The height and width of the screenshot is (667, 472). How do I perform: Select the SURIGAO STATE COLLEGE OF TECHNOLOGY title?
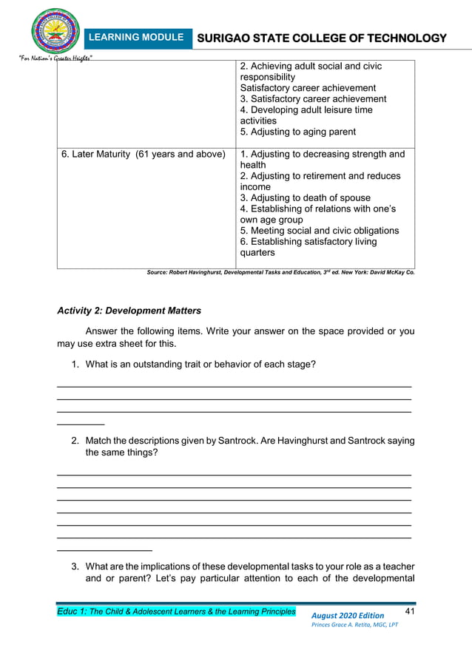tap(321, 38)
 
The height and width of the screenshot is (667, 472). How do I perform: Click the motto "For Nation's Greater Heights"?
tap(50, 58)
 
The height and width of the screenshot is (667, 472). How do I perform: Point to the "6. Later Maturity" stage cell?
tap(143, 155)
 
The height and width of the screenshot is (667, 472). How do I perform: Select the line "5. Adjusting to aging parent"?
tap(298, 132)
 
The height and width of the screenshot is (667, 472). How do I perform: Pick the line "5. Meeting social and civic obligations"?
tap(320, 230)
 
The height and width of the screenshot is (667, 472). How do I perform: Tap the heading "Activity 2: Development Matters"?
tap(129, 311)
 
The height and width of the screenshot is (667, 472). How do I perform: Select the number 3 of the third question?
tap(75, 567)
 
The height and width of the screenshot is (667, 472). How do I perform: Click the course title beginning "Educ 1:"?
tap(176, 612)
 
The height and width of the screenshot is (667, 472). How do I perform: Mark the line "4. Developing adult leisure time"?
tap(306, 109)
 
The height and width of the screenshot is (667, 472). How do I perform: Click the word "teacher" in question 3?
tap(397, 567)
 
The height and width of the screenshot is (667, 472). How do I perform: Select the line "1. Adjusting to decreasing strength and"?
tap(323, 155)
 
